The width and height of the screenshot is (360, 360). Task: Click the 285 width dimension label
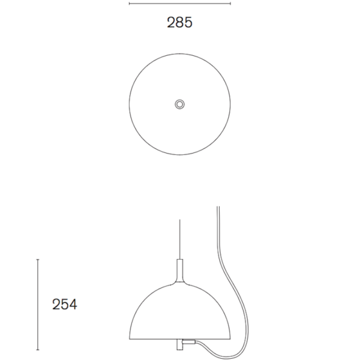pyautogui.click(x=179, y=22)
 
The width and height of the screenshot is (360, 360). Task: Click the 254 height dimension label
pyautogui.click(x=65, y=304)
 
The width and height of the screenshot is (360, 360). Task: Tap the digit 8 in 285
pyautogui.click(x=179, y=22)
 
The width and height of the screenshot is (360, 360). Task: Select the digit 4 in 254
pyautogui.click(x=73, y=304)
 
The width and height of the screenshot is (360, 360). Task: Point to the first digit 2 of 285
pyautogui.click(x=171, y=22)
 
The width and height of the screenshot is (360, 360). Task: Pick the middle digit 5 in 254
pyautogui.click(x=65, y=304)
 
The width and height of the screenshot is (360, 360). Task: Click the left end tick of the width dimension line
pyautogui.click(x=129, y=4)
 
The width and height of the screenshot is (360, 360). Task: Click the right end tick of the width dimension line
pyautogui.click(x=230, y=4)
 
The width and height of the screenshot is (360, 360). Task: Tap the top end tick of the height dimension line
pyautogui.click(x=38, y=259)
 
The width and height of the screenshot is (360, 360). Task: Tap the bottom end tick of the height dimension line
pyautogui.click(x=38, y=350)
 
